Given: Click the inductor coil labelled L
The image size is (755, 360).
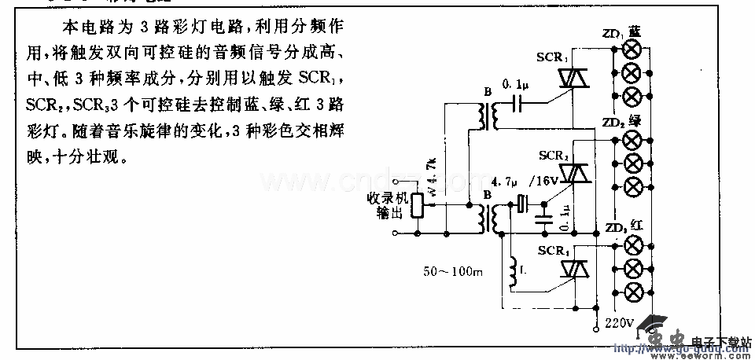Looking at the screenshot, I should point(514,271).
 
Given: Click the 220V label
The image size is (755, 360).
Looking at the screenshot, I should point(619,322).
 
